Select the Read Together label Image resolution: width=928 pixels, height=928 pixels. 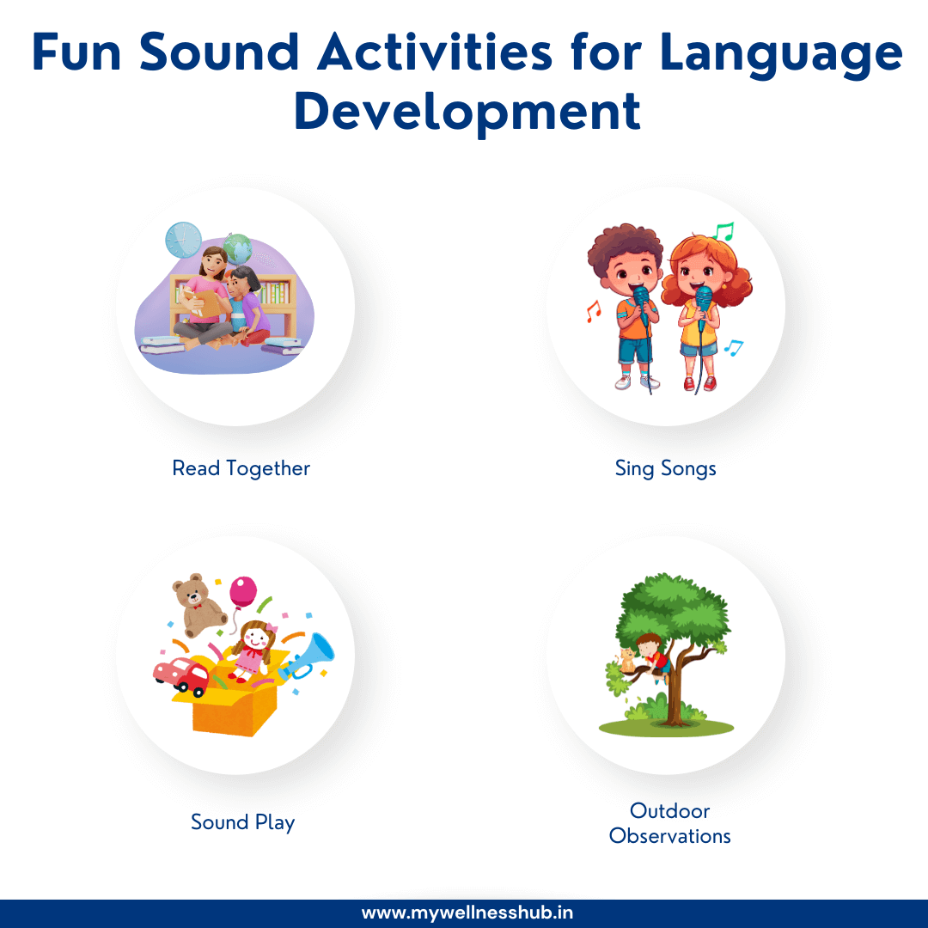pos(241,468)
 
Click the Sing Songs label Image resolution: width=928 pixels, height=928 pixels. pos(665,468)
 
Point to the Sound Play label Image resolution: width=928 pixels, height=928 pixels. pos(243,822)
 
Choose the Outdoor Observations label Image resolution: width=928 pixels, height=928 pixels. pos(669,823)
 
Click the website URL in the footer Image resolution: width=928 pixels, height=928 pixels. pos(467,913)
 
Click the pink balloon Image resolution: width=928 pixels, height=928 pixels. pos(242,593)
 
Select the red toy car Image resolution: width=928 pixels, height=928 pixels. pos(182,675)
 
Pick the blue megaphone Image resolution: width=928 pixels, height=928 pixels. pos(307,659)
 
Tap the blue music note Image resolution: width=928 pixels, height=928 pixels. pos(732,347)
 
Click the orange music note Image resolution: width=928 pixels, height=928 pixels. pos(592,310)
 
